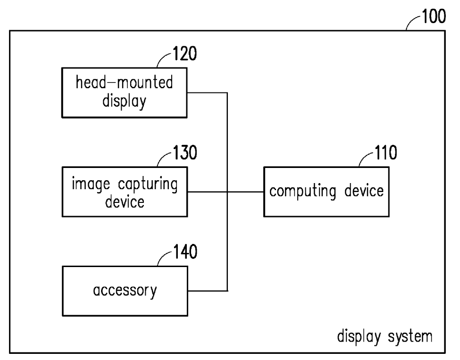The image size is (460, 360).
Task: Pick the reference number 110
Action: (382, 153)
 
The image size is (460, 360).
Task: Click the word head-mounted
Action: (124, 83)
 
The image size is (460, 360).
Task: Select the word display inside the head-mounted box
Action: (124, 101)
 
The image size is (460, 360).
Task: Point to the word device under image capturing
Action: (125, 201)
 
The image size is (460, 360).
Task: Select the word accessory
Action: (125, 291)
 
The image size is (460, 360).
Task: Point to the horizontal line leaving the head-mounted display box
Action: (208, 92)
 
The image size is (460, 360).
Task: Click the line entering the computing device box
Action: (245, 192)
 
